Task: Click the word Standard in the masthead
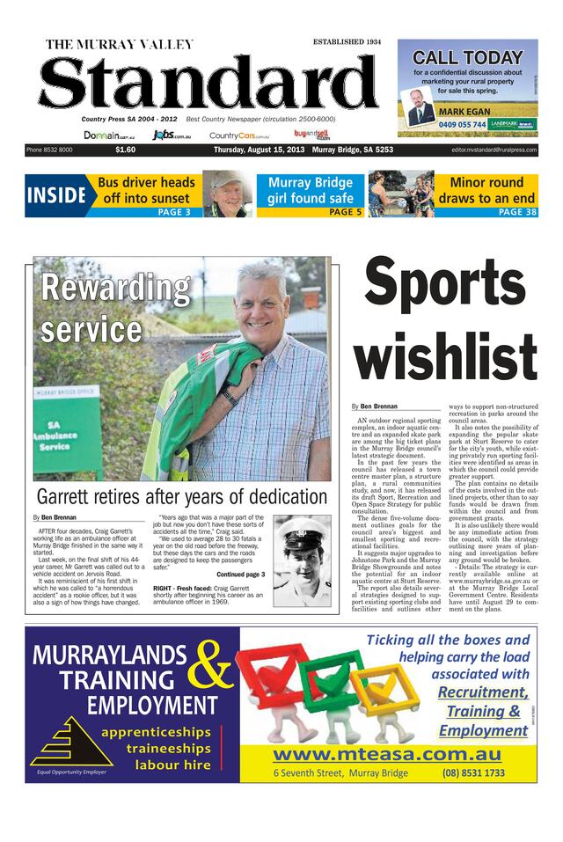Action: tap(208, 83)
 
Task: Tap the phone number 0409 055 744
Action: tap(462, 125)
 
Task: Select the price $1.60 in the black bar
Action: tap(125, 150)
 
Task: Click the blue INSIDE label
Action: tap(55, 195)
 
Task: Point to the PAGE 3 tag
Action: tap(173, 212)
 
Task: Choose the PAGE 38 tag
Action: tap(517, 212)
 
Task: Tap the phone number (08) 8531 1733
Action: tap(473, 772)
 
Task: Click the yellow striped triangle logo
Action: tap(70, 740)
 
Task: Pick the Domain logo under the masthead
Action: tap(109, 135)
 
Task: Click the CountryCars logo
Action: tap(238, 135)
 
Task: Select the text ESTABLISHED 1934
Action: tap(347, 42)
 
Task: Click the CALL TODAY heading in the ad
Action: tap(467, 58)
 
